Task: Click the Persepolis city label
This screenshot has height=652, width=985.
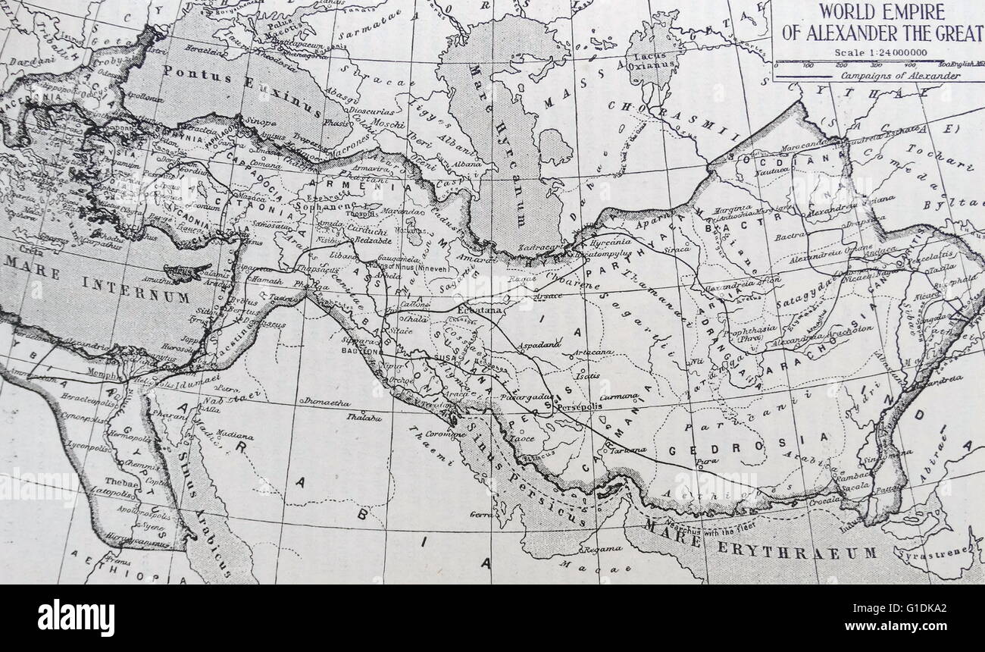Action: pyautogui.click(x=579, y=406)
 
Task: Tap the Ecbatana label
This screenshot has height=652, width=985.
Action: pyautogui.click(x=480, y=310)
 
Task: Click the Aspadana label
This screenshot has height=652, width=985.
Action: pyautogui.click(x=539, y=345)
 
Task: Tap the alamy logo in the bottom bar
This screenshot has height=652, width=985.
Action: pyautogui.click(x=76, y=617)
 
